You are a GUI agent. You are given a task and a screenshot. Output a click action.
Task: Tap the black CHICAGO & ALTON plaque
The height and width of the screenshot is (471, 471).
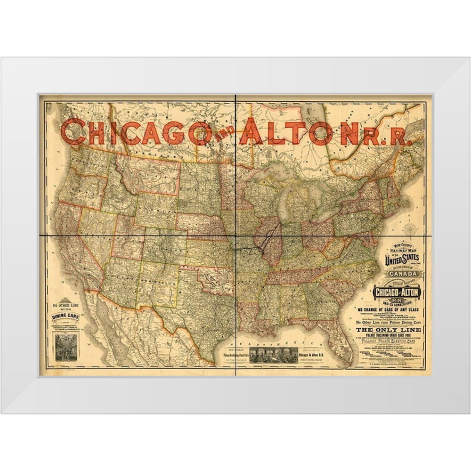point(396,292)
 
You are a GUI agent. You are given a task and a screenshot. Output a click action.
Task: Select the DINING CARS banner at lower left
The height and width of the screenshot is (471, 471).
point(65,317)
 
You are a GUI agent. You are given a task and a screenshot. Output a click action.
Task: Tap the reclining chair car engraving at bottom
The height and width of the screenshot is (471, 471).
point(274,355)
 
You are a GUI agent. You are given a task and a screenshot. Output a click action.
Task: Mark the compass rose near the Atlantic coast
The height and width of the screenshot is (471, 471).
point(410,229)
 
